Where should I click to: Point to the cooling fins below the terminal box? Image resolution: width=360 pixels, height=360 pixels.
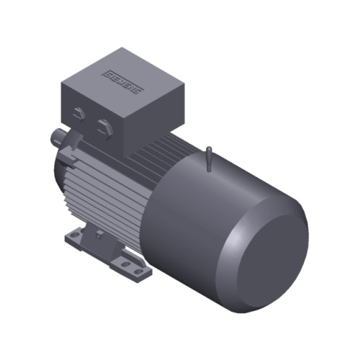[94, 191]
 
